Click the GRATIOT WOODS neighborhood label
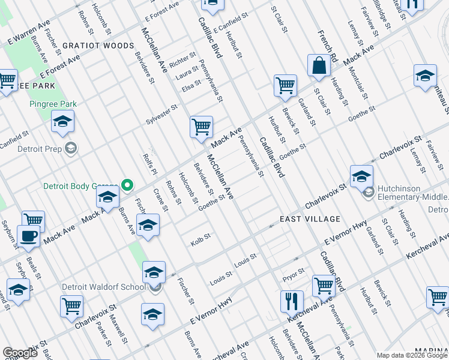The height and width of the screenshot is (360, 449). click(x=98, y=46)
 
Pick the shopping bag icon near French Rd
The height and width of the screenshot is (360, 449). click(x=319, y=65)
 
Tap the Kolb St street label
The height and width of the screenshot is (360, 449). click(x=200, y=237)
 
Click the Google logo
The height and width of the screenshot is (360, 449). click(x=20, y=353)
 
